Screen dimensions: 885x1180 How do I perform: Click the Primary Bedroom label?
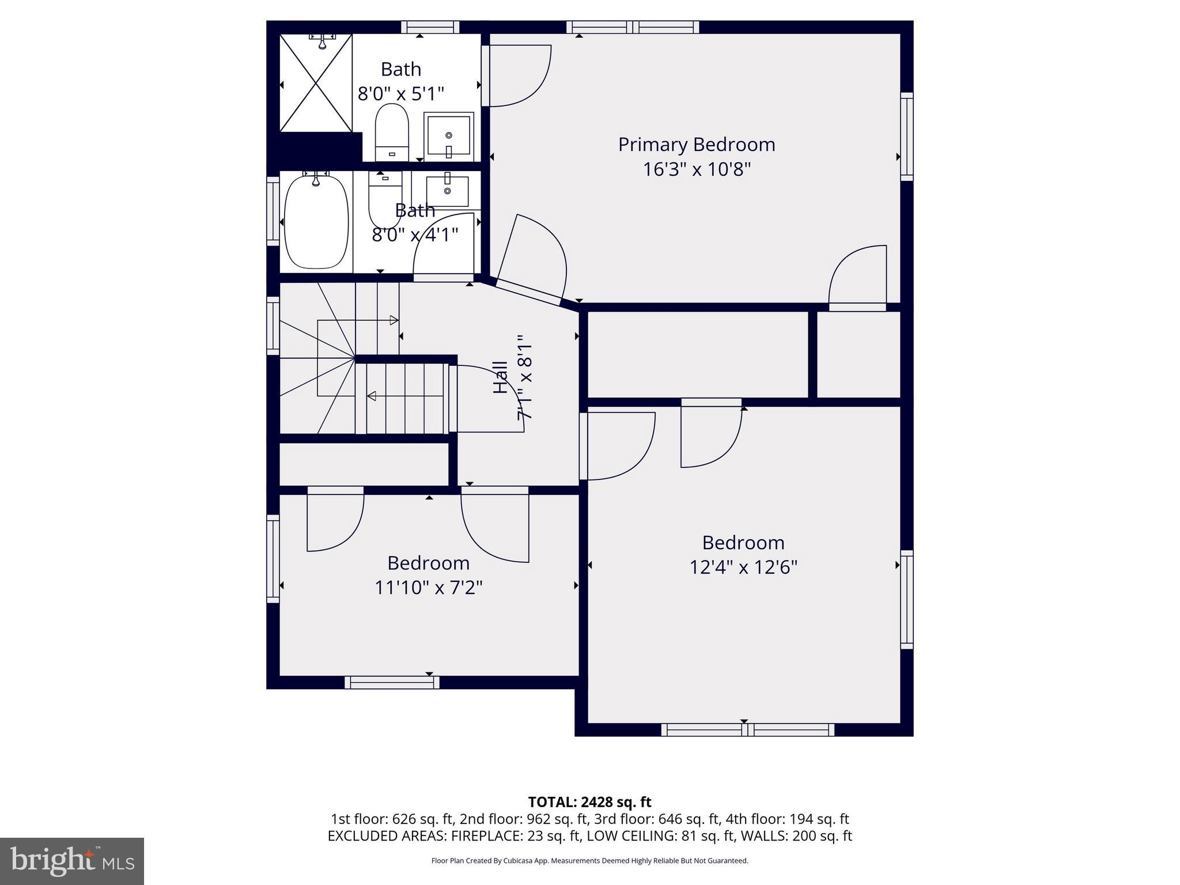696,145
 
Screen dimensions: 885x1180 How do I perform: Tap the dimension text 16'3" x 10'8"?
696,169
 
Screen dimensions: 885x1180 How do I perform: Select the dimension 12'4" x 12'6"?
743,568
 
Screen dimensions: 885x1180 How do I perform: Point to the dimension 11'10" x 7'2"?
428,588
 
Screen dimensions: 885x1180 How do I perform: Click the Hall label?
500,377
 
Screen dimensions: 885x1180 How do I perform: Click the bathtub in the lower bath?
316,222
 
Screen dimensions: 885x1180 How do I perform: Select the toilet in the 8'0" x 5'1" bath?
392,131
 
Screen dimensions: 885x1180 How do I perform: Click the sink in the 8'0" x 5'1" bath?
449,137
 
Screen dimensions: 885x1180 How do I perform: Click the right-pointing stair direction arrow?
394,320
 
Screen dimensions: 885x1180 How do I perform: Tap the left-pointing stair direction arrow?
372,396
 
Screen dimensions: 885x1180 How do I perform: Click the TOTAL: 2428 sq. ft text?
589,802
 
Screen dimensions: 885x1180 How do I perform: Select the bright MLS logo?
72,861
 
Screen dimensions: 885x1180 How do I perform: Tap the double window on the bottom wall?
747,729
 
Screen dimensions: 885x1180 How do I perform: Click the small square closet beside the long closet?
858,354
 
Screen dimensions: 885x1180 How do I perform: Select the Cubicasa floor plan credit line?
589,861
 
